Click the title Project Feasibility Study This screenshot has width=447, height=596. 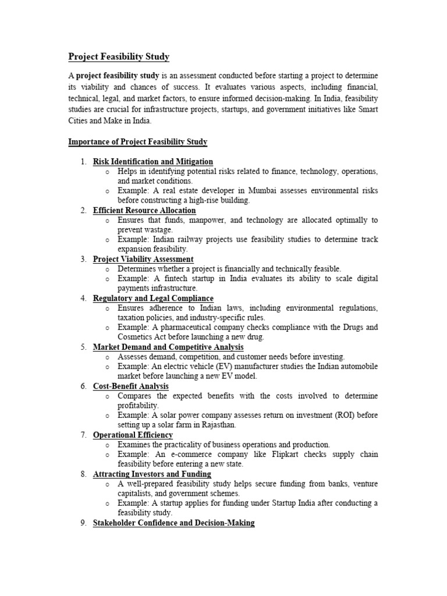tap(119, 56)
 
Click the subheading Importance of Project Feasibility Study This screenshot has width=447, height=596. tap(138, 142)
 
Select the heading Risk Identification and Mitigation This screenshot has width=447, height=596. tap(153, 161)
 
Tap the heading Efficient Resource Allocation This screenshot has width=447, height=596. tap(144, 210)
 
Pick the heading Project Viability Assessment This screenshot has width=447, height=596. tap(143, 259)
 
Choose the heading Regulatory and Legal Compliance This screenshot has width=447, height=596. tap(153, 298)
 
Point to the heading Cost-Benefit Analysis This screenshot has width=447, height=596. tap(131, 386)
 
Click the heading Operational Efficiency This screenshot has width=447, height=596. tap(133, 435)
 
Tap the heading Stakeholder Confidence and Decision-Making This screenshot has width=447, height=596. tap(173, 523)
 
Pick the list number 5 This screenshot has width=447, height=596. tap(84, 347)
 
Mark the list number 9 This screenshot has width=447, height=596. tap(84, 523)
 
